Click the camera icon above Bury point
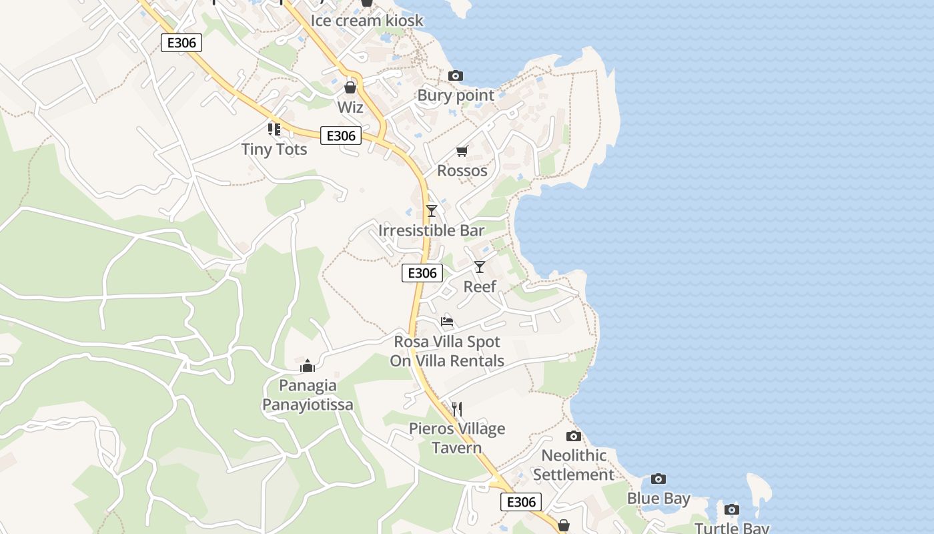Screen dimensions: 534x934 456,76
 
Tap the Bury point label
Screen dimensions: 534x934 456,95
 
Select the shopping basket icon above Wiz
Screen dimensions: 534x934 350,87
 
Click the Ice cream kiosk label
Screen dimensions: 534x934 367,21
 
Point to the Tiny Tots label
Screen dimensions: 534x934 274,149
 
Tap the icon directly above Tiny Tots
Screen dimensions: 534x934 274,129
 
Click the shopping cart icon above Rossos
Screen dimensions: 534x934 462,152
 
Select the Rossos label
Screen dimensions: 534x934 462,171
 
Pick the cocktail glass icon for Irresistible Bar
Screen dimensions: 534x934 432,211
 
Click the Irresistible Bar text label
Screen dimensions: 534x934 432,230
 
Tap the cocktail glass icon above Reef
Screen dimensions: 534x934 480,267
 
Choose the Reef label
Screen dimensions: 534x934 480,286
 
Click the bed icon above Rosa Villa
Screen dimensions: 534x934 447,322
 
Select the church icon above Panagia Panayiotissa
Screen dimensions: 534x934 308,366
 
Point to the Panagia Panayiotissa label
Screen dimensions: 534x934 308,395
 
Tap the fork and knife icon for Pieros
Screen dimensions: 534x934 457,409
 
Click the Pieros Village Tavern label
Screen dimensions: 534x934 457,438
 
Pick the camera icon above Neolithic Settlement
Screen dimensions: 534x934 574,437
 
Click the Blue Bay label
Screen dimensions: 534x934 658,499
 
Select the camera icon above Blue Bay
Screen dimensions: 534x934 658,479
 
